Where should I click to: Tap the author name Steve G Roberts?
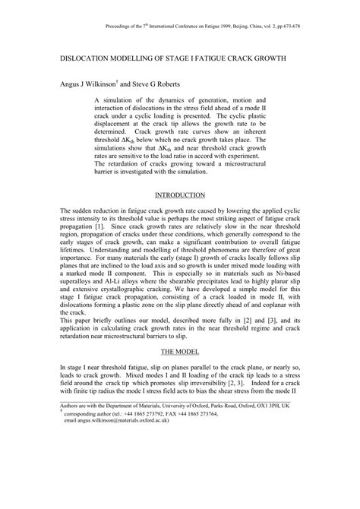coord(162,84)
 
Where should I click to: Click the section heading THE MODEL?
coord(179,353)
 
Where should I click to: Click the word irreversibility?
coord(200,388)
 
